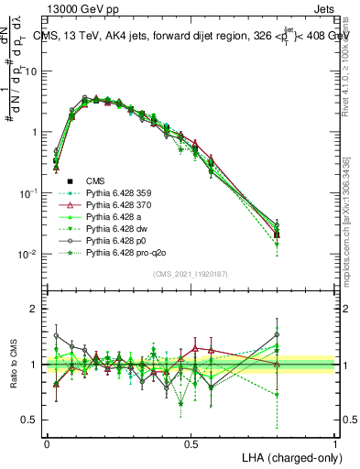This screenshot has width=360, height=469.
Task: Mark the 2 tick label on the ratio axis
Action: [34, 309]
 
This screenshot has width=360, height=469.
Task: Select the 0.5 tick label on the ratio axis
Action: [29, 421]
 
